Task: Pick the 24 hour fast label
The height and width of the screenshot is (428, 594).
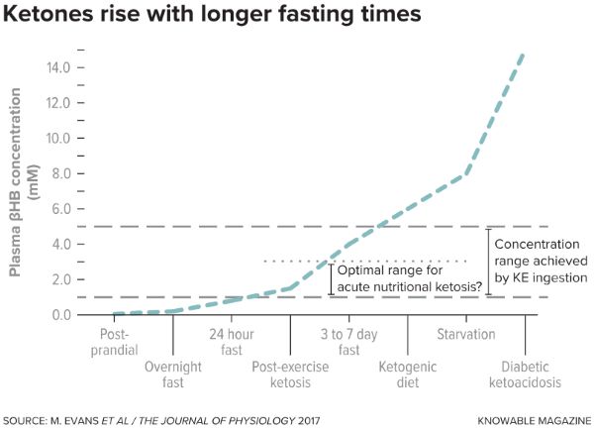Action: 232,342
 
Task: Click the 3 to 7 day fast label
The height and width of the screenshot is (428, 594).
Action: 349,342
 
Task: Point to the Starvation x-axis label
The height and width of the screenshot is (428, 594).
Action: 467,335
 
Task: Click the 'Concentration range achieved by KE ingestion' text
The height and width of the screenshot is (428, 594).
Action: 542,262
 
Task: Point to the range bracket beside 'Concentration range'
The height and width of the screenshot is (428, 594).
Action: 486,262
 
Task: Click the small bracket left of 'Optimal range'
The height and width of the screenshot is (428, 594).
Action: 331,278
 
